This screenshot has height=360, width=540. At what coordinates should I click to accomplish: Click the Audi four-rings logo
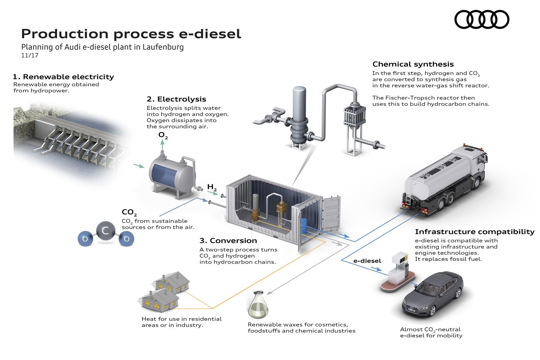coord(482,19)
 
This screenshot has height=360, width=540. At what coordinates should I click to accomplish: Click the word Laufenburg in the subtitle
coord(163,47)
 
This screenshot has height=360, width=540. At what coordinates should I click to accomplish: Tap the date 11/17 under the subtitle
coord(30,55)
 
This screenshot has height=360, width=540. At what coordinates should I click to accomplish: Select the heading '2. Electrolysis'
coord(176,99)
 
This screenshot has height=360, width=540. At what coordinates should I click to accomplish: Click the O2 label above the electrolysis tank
coord(163,136)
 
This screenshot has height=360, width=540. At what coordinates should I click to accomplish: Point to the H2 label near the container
coord(212,187)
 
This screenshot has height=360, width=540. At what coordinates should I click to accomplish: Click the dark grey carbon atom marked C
coord(105,231)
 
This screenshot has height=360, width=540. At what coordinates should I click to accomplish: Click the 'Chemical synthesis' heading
coord(413,64)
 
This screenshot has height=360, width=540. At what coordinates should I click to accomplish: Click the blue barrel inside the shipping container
coord(304,225)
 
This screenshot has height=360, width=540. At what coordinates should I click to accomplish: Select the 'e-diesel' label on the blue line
coord(367,261)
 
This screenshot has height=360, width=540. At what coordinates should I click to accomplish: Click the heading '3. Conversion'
coord(228,241)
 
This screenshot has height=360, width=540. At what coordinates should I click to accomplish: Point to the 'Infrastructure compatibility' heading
coord(475,232)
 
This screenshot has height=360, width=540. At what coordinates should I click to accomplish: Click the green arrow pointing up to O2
coord(162,146)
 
